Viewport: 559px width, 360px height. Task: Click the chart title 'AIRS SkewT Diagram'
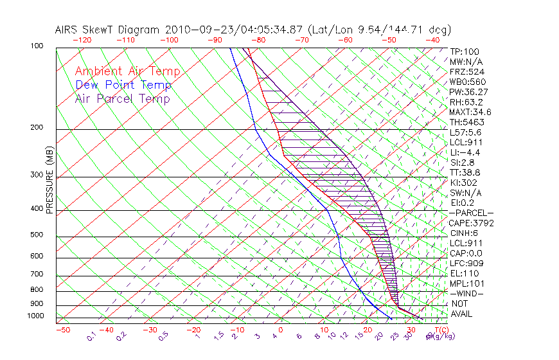108,30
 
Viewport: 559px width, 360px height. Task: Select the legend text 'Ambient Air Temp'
127,71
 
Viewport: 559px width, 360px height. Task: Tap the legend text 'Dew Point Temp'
123,85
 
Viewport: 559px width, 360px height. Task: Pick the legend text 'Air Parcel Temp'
122,98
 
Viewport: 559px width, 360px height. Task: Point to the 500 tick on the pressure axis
38,235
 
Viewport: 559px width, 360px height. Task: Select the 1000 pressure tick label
36,316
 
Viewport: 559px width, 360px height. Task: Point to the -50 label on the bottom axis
62,330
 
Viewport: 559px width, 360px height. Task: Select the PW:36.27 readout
468,92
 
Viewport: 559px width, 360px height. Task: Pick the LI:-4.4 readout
465,152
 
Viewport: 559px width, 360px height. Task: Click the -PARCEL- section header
471,213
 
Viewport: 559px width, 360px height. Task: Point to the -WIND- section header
467,293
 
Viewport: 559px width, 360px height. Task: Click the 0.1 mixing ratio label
92,336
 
